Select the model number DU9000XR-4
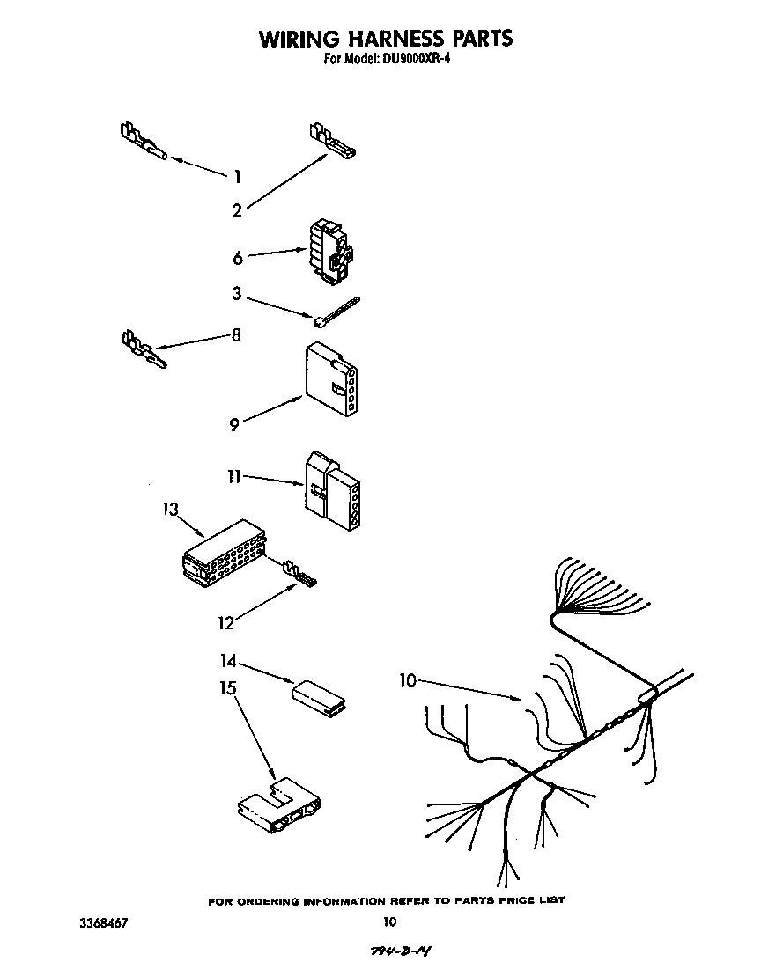click(x=413, y=60)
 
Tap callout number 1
click(x=237, y=177)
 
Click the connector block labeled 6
click(x=329, y=253)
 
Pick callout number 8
click(x=236, y=335)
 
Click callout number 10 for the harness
click(x=406, y=680)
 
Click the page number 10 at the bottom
click(x=388, y=922)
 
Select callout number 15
click(x=228, y=687)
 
